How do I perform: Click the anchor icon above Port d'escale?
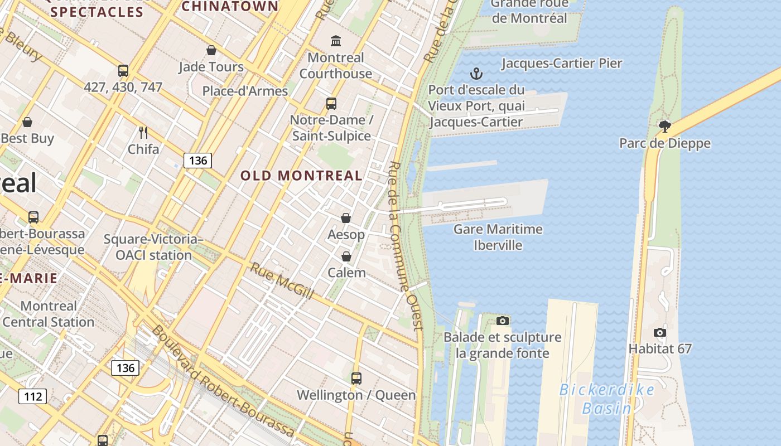pos(476,74)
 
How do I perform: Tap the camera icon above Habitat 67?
pos(659,333)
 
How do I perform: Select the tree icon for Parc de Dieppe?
pos(664,127)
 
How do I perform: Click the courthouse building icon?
pos(336,41)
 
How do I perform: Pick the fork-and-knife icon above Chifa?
pos(143,133)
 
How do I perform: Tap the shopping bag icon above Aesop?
pos(346,218)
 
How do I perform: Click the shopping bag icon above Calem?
pos(346,256)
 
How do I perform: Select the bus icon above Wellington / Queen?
pos(356,379)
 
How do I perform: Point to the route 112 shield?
pos(33,396)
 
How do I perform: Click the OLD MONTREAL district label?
pos(301,176)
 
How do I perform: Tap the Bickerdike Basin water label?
pos(607,399)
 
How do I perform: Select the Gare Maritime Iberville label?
pos(498,237)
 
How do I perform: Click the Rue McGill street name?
pos(282,280)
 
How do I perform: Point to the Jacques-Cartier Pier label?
pos(561,63)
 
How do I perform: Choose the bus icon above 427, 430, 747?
pos(123,71)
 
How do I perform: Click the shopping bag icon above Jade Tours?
pos(211,51)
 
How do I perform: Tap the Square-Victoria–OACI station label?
pos(153,247)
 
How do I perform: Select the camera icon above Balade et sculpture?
pos(503,321)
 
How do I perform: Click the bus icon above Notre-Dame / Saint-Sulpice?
pos(331,103)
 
